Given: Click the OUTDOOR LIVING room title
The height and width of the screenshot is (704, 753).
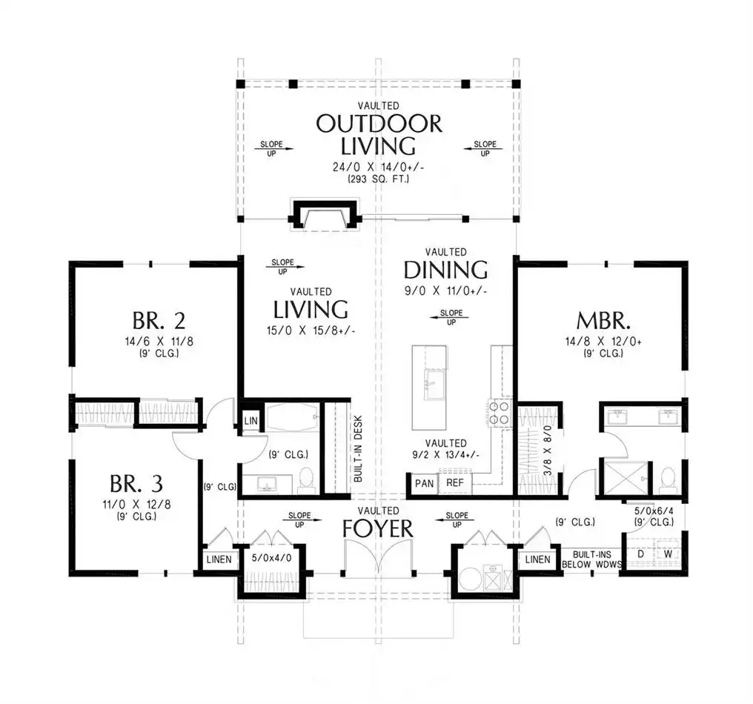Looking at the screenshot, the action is click(379, 135).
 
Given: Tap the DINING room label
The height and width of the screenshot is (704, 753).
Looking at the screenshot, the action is click(445, 270).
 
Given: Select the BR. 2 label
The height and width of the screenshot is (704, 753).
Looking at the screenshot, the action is click(159, 321).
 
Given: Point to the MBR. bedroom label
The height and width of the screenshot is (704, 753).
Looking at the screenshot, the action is click(603, 321).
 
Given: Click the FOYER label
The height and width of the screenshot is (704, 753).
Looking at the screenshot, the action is click(378, 528).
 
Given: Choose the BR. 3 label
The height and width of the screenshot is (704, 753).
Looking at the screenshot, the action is click(136, 484).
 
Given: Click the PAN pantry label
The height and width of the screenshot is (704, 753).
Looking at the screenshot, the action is click(425, 483).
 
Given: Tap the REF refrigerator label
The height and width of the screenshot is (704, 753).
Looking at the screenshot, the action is click(455, 482).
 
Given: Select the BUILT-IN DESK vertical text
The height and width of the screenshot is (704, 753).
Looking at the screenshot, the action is click(358, 448).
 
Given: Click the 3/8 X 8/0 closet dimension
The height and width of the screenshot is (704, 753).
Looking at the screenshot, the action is click(548, 451).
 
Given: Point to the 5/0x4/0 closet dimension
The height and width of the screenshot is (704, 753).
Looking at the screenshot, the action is click(271, 559).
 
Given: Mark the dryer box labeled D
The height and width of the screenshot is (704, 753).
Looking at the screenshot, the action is click(640, 554).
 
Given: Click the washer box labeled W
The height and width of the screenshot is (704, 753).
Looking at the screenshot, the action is click(668, 554).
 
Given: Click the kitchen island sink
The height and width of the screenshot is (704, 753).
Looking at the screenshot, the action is click(435, 384).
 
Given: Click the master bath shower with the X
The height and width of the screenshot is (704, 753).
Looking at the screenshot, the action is click(623, 478).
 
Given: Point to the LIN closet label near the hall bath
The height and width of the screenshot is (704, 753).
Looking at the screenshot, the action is click(251, 421).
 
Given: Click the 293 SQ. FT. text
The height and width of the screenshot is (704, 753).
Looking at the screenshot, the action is click(379, 179).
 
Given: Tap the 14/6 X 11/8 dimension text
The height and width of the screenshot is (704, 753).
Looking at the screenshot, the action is click(159, 342).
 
